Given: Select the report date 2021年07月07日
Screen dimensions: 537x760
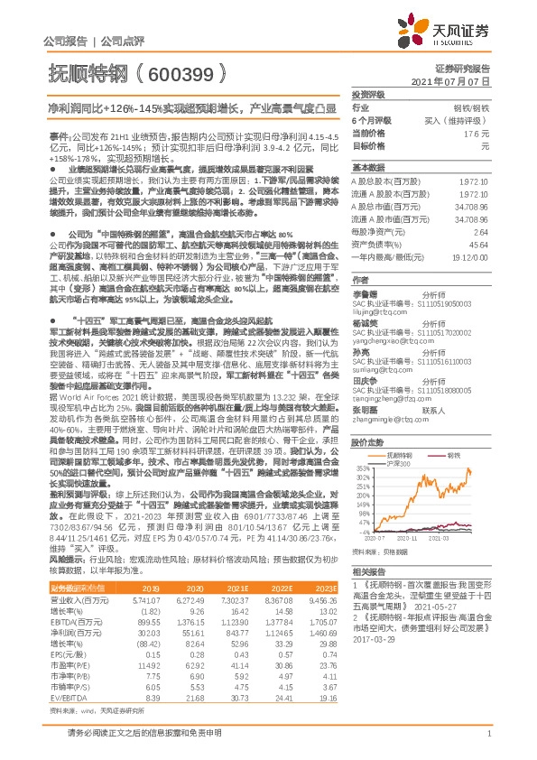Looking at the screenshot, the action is click(457, 81).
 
